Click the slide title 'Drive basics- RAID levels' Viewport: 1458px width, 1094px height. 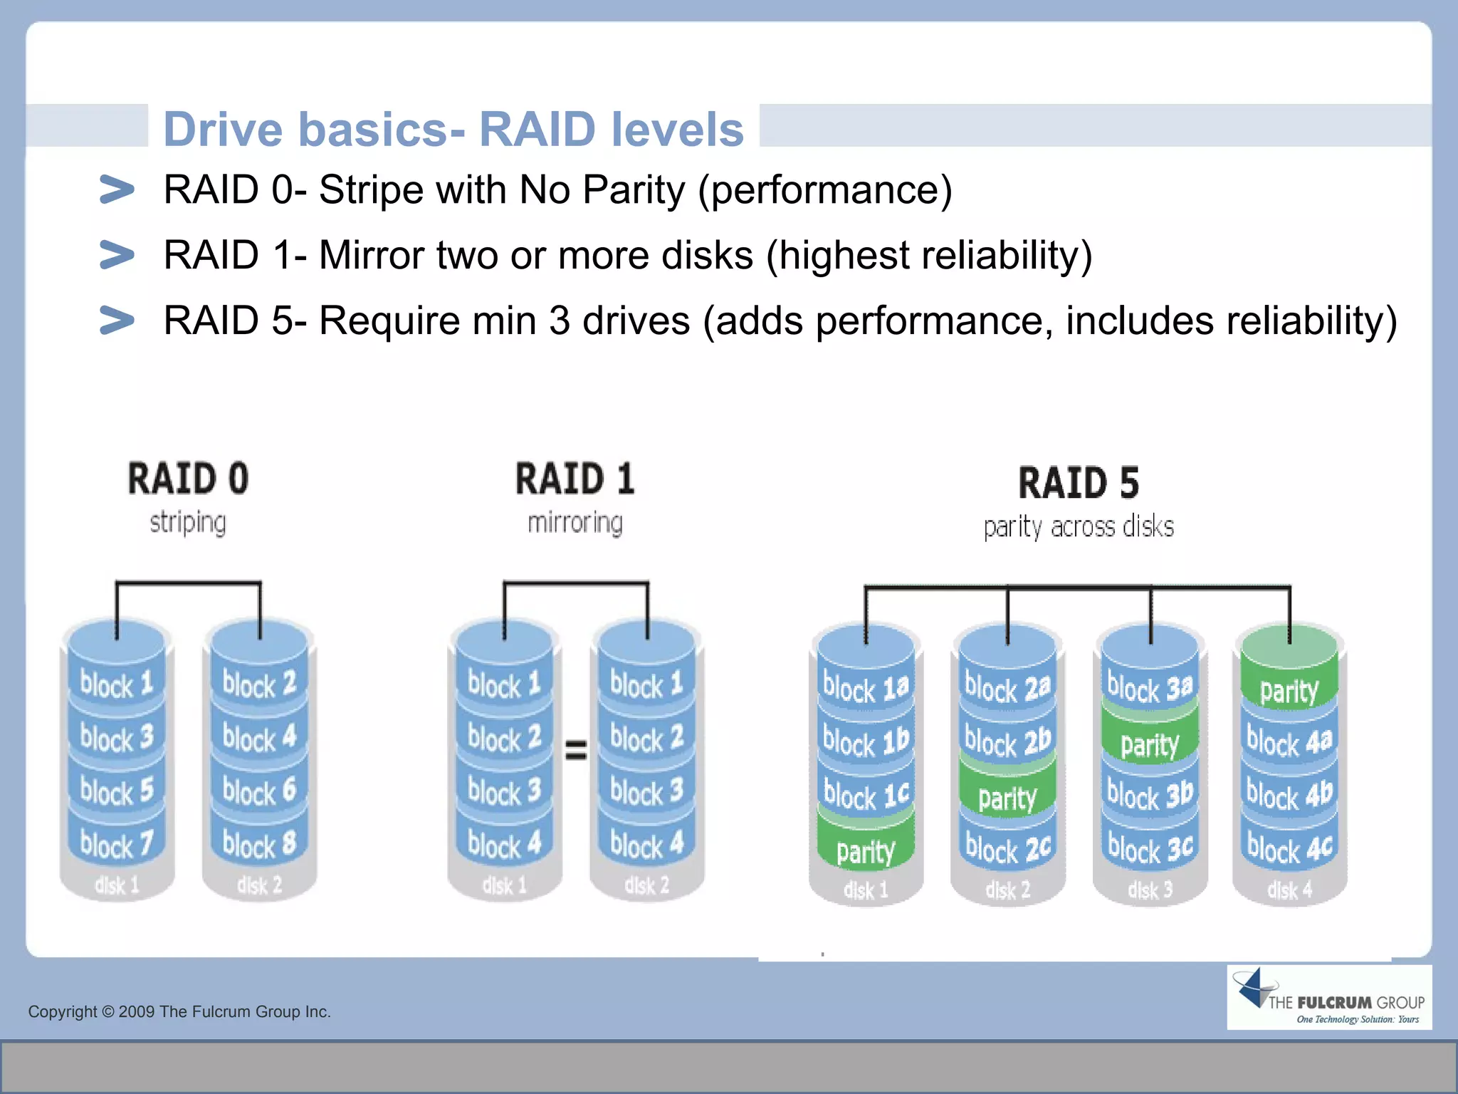(x=453, y=129)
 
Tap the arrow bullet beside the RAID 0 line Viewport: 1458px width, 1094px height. (x=117, y=189)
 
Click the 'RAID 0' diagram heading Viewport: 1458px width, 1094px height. (x=189, y=478)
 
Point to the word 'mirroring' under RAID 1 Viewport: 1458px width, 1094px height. (x=575, y=523)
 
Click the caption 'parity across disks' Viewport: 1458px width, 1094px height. (x=1079, y=527)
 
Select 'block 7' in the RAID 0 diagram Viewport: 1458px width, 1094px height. (x=117, y=845)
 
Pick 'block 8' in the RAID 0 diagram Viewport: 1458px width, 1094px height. (x=259, y=845)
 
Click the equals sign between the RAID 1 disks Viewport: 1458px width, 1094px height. (x=576, y=749)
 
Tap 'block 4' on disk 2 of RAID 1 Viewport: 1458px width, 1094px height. (x=646, y=845)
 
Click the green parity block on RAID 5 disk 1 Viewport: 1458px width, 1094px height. (x=865, y=851)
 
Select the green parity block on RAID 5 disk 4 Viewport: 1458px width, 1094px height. (x=1289, y=690)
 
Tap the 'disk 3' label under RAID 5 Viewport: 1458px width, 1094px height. (x=1150, y=890)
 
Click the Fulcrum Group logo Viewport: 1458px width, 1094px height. (x=1328, y=998)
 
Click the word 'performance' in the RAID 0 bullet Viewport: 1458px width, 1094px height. (x=824, y=190)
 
